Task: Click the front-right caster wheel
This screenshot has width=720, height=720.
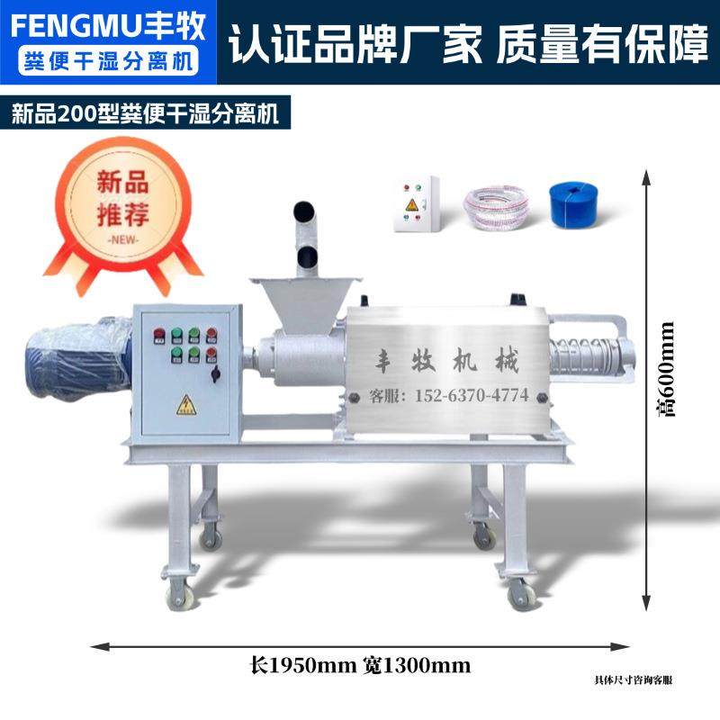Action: (518, 593)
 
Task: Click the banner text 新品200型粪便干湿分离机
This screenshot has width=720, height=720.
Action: (144, 114)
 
